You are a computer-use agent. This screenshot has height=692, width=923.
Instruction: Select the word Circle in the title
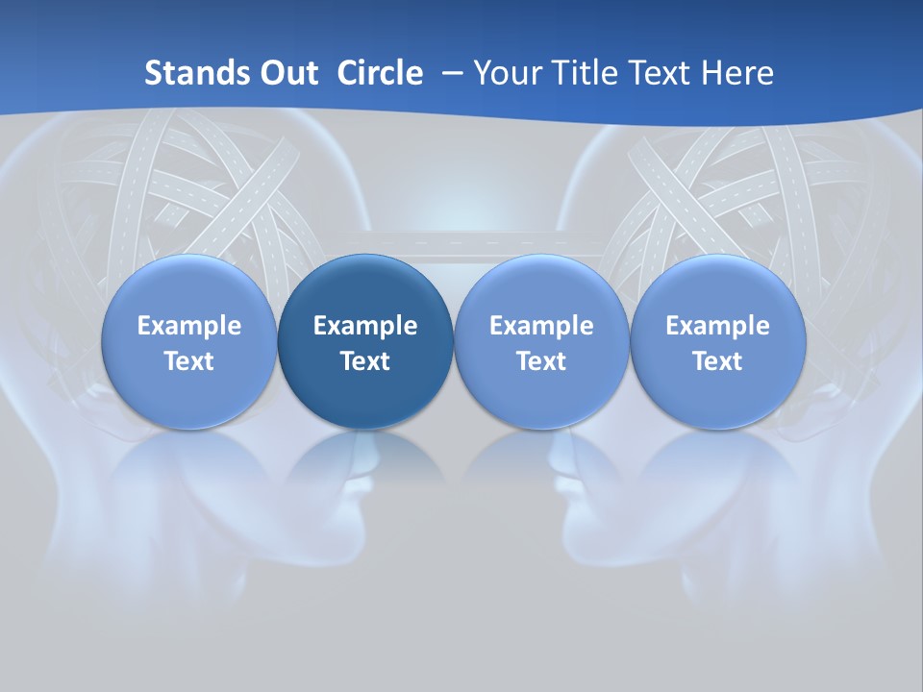[x=380, y=73]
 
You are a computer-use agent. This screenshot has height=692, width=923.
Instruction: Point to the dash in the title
[x=449, y=73]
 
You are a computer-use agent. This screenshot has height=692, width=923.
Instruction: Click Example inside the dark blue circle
[x=365, y=326]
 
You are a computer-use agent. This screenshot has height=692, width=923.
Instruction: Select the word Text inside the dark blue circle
[x=365, y=361]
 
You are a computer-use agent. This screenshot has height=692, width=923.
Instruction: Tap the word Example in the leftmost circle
[x=189, y=326]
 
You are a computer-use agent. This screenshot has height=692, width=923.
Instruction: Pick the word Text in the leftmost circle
[x=189, y=361]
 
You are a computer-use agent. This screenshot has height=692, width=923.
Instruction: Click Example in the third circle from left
[x=541, y=326]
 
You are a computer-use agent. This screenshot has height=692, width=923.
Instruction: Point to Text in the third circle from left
[x=541, y=361]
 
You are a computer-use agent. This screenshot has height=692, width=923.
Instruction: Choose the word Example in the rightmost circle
[x=718, y=326]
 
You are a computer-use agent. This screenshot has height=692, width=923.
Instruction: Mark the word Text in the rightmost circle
[x=718, y=361]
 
